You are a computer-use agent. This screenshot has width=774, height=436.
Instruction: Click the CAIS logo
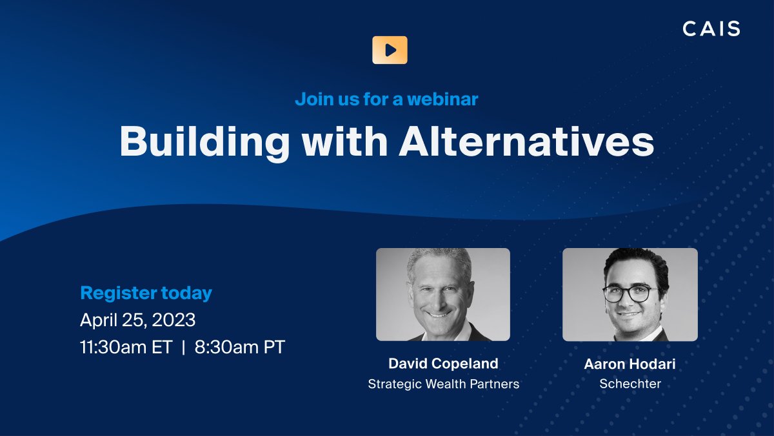click(711, 28)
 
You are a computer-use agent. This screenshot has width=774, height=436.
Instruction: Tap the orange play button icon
click(390, 50)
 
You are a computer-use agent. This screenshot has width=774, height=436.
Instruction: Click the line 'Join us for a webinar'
click(386, 99)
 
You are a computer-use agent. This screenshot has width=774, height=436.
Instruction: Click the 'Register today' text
click(146, 293)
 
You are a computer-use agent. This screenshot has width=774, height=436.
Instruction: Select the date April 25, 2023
click(137, 320)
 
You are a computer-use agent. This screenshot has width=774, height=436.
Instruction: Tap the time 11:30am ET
click(126, 347)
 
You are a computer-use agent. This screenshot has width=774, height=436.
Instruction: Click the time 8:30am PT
click(238, 347)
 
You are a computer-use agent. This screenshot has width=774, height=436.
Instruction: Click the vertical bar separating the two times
click(183, 347)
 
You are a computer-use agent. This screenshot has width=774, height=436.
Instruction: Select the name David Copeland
click(443, 364)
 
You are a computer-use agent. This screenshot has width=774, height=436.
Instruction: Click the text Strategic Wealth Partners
click(443, 384)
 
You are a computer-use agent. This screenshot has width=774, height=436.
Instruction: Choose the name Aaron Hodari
click(630, 364)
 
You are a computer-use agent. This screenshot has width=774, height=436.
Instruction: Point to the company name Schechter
click(630, 384)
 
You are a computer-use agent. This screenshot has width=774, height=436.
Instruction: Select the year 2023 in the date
click(174, 320)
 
